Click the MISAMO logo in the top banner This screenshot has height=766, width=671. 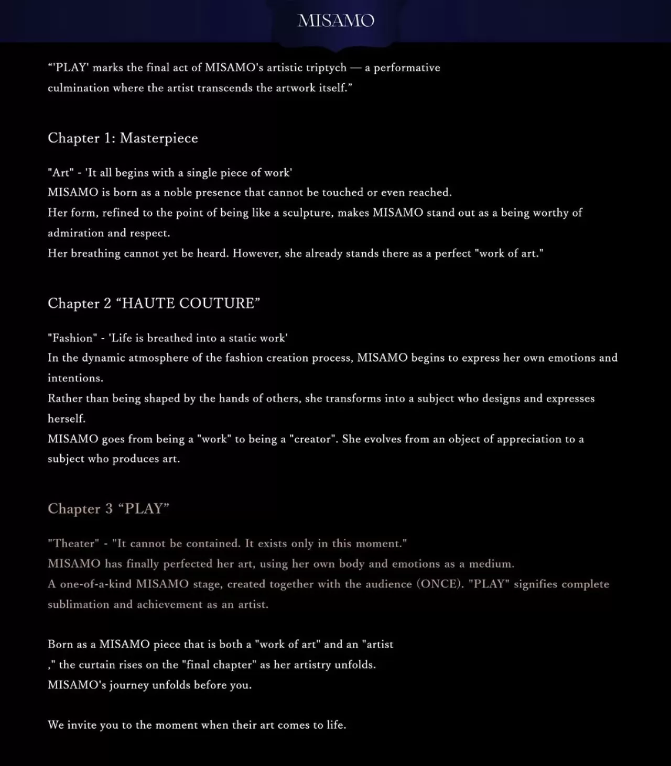coord(336,20)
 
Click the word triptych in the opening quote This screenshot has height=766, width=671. coord(327,68)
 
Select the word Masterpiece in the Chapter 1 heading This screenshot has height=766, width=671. coord(159,138)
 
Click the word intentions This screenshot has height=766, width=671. coord(75,378)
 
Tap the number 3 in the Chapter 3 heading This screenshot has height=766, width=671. coord(109,509)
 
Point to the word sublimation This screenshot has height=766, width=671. coord(79,605)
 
